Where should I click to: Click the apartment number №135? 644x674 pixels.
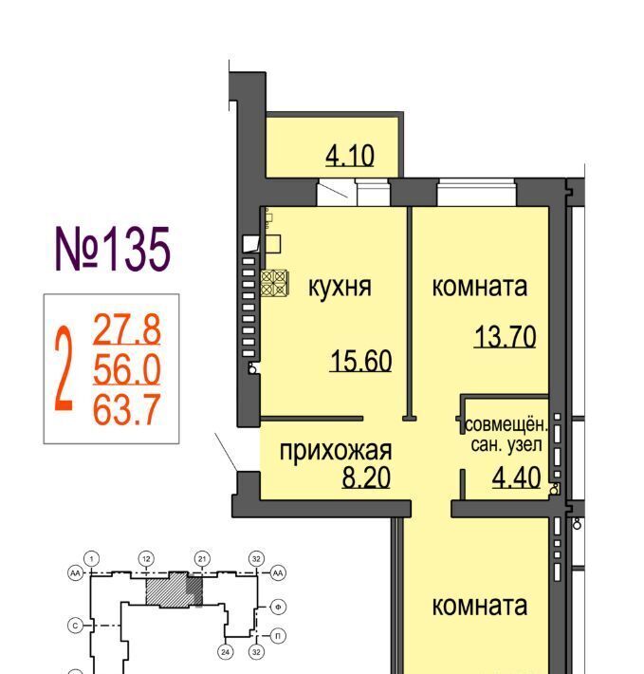tap(113, 250)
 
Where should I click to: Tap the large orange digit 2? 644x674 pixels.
tap(64, 368)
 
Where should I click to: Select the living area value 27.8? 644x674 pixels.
tap(127, 329)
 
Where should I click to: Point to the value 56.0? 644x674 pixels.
tap(127, 369)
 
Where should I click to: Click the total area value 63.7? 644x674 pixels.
tap(127, 409)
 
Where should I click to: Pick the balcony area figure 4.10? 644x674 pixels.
tap(350, 156)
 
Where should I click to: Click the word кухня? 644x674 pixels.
tap(340, 287)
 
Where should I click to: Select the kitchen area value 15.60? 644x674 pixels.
tap(361, 361)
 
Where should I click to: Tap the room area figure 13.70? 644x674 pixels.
tap(506, 337)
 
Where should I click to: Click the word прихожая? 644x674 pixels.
tap(336, 451)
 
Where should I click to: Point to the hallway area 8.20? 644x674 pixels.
tap(366, 477)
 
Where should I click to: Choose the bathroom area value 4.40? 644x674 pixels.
tap(517, 477)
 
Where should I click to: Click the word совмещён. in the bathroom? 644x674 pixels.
tap(506, 425)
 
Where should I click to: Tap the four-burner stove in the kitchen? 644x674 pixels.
tap(275, 283)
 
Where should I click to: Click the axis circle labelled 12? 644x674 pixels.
tap(146, 559)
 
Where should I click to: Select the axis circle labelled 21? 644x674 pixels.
tap(202, 559)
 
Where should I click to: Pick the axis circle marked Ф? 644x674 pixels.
tap(278, 607)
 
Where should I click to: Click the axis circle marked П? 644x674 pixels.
tap(278, 636)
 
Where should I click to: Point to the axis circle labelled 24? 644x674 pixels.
tap(226, 652)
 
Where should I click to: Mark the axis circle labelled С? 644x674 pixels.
tap(76, 626)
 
